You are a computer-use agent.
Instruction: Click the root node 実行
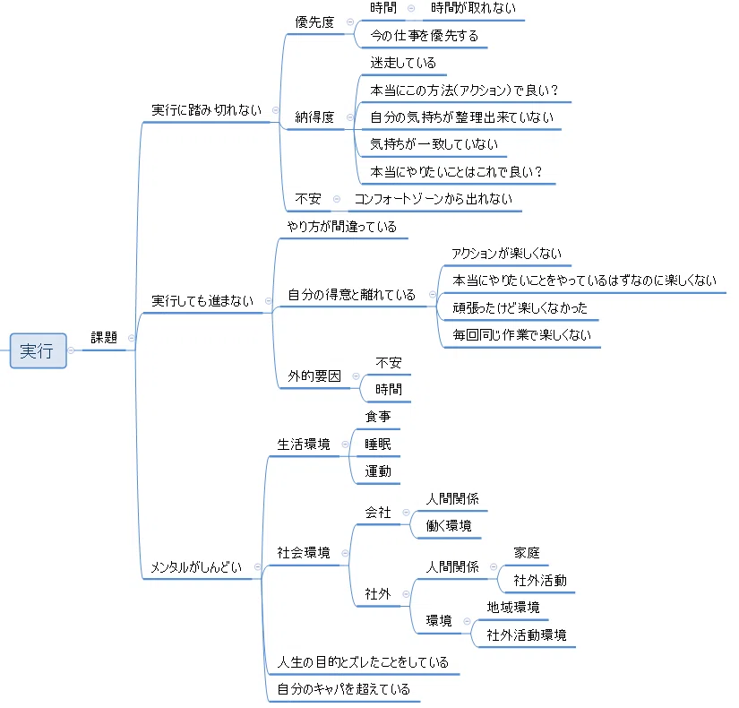coord(39,350)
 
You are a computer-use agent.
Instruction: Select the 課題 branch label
coord(104,338)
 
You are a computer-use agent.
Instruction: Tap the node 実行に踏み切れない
coord(206,110)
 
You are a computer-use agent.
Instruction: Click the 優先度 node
coord(314,22)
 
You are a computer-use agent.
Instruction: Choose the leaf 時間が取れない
coord(473,8)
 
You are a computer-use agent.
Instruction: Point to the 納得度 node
coord(314,117)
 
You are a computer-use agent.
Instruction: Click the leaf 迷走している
coord(403,63)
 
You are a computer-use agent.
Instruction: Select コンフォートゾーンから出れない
coord(434,199)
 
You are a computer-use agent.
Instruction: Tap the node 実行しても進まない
coord(202,301)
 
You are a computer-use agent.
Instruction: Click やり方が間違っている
coord(341,227)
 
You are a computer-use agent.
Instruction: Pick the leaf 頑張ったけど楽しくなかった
coord(520,308)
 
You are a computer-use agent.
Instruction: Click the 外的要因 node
coord(314,376)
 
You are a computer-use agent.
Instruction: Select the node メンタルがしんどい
coord(196,567)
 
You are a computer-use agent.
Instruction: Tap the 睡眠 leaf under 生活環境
coord(377,445)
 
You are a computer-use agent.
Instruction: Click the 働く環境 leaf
coord(449,526)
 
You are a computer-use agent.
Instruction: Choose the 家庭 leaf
coord(527,553)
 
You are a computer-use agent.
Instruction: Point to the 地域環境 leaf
coord(513,608)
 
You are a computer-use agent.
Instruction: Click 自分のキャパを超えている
coord(344,689)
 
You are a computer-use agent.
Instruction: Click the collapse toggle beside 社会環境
coord(345,553)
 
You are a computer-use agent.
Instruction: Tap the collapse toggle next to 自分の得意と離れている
coord(432,295)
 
